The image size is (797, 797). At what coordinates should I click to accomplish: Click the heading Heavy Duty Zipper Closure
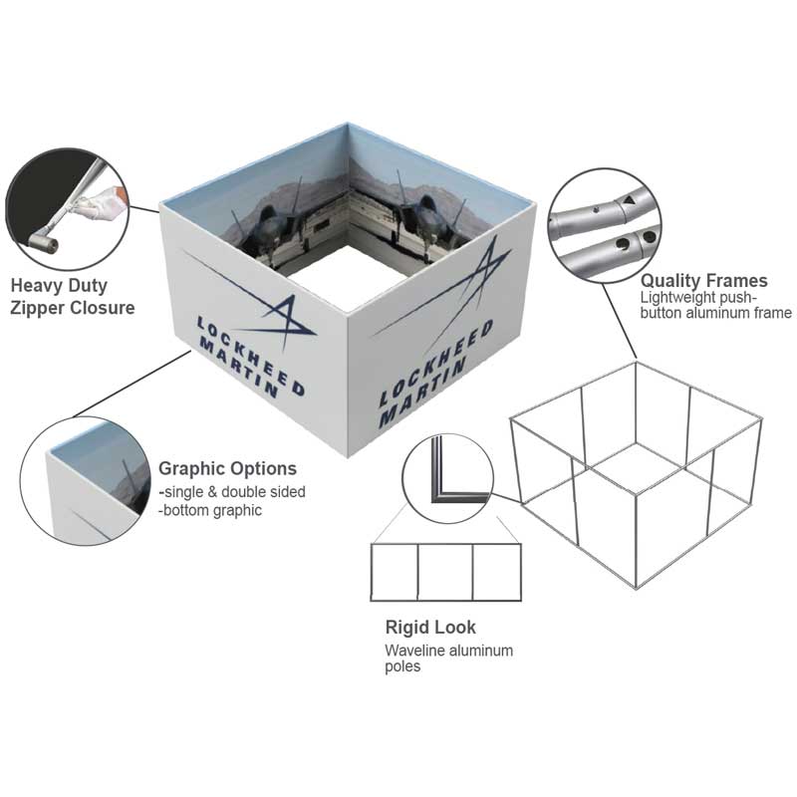click(x=72, y=297)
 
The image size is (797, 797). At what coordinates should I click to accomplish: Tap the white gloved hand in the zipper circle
click(x=101, y=203)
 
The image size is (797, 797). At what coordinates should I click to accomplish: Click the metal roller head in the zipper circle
click(x=43, y=243)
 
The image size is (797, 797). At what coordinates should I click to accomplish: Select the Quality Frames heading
click(x=703, y=281)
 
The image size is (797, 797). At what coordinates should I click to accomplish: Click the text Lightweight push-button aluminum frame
click(x=715, y=305)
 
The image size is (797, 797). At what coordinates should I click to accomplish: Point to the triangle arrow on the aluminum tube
click(x=629, y=200)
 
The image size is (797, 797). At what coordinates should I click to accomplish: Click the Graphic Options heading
click(x=227, y=468)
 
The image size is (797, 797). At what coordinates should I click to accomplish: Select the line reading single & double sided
click(x=232, y=492)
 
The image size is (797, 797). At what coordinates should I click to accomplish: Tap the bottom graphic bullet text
click(x=210, y=510)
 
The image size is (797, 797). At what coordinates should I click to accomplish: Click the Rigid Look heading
click(x=430, y=627)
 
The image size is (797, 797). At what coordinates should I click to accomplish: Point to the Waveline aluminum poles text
click(x=449, y=659)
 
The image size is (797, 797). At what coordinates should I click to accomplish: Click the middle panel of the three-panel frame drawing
click(x=445, y=572)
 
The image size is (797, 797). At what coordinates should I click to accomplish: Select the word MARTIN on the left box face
click(x=239, y=368)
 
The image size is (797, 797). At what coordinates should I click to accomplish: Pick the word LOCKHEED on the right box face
click(x=436, y=363)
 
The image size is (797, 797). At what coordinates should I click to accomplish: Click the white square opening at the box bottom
click(x=349, y=277)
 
